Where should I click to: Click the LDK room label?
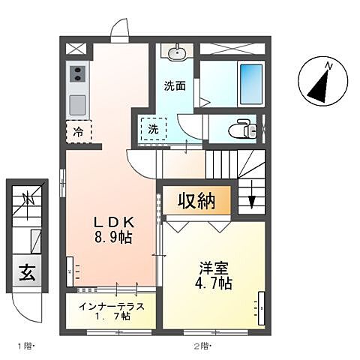point(113,223)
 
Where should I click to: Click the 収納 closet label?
point(196,202)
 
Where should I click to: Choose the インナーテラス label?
point(108,307)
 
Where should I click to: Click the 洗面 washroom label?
point(175,85)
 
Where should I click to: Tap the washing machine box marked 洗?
point(152,129)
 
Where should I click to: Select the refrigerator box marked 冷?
point(79,132)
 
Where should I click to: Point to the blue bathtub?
point(250,84)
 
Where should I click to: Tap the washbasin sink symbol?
point(177,52)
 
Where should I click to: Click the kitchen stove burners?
point(78,73)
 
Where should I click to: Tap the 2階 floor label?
point(202,345)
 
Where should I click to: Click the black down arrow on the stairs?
point(252,201)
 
